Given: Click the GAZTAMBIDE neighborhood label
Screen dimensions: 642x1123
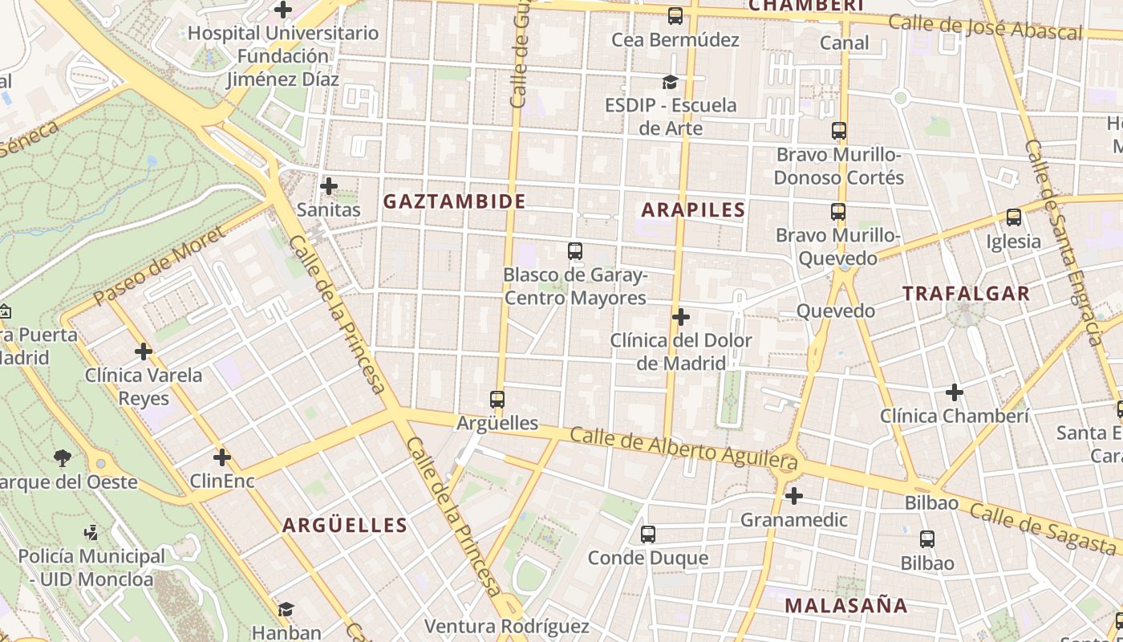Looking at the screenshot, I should tap(454, 201).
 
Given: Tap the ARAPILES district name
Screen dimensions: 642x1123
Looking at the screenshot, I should tap(694, 210).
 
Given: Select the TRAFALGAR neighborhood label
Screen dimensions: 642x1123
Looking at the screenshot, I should tap(966, 294).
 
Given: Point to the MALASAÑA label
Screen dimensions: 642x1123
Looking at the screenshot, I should tap(846, 605).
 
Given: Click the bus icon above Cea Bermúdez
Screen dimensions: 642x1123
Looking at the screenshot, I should tap(675, 16).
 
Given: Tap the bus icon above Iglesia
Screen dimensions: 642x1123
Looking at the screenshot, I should tap(1014, 217).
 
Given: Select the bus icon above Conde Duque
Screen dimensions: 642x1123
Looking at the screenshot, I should tap(648, 534).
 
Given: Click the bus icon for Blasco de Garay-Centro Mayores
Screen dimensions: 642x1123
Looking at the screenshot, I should tap(575, 251).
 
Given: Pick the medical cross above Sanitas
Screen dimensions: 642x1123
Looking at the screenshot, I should tap(328, 186).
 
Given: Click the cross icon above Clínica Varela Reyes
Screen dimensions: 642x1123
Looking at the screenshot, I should tap(144, 351).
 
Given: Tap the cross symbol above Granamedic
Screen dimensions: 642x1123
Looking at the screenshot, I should tap(794, 496).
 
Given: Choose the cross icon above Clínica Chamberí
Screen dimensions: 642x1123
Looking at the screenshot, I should tap(954, 392).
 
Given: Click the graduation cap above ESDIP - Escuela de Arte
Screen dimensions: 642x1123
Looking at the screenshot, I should tap(670, 82).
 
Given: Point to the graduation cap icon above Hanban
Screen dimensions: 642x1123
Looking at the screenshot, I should tap(286, 609).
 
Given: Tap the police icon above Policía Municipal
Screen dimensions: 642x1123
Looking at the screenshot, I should tap(91, 532).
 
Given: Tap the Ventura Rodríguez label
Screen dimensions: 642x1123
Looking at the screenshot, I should tap(506, 626).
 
